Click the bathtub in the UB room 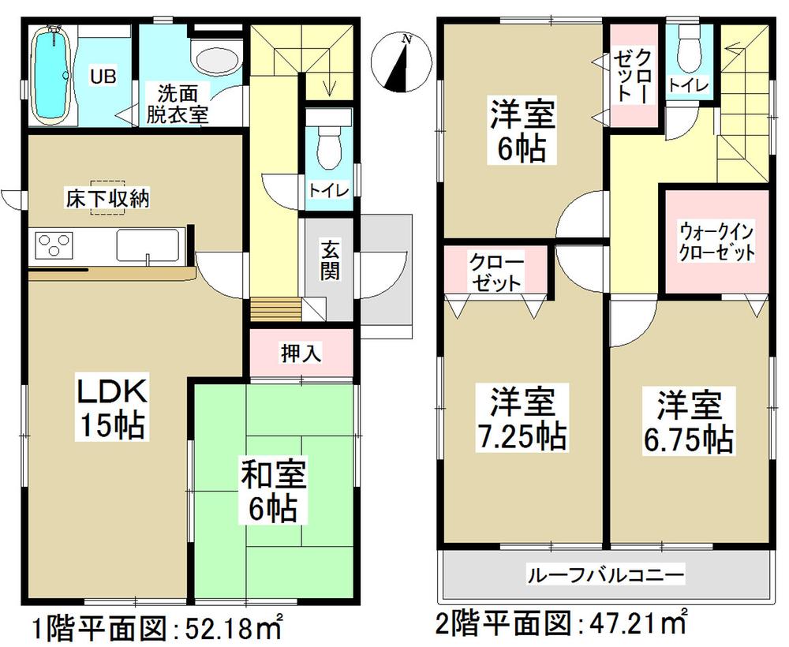pyautogui.click(x=54, y=75)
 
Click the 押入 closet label pyautogui.click(x=301, y=353)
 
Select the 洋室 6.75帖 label pyautogui.click(x=686, y=422)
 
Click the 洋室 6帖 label pyautogui.click(x=518, y=131)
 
